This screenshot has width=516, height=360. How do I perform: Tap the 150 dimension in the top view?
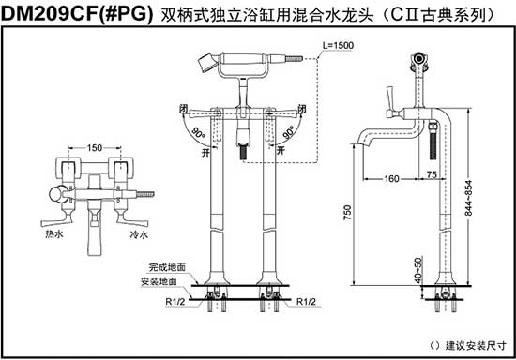click(95, 148)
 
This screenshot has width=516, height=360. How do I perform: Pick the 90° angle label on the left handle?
click(199, 134)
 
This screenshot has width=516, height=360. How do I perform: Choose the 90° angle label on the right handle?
click(289, 134)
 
